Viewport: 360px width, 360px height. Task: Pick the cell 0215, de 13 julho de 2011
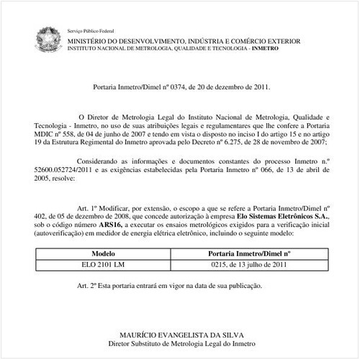click(x=249, y=266)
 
